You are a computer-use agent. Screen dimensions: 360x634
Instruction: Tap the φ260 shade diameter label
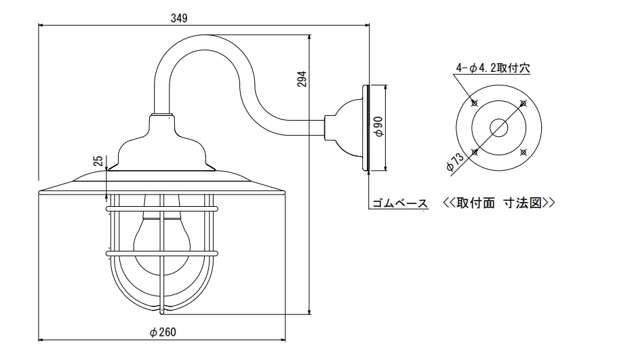[x=163, y=332]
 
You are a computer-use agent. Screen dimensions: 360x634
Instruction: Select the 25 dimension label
[x=98, y=161]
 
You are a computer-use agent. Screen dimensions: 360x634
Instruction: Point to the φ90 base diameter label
[x=379, y=126]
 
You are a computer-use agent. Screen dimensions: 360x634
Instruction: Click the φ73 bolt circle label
[x=456, y=163]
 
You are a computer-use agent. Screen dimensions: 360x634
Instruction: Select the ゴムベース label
[x=399, y=203]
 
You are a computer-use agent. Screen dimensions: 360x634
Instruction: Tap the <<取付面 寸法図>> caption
[x=498, y=203]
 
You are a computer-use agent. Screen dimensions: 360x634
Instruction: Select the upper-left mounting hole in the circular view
[x=474, y=103]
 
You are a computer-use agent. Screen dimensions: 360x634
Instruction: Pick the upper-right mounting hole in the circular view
[x=523, y=103]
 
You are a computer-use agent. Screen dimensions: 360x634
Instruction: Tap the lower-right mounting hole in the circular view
[x=523, y=152]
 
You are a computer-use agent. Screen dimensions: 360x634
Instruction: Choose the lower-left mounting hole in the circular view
[x=474, y=152]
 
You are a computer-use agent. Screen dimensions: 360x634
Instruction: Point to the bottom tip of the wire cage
[x=162, y=313]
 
